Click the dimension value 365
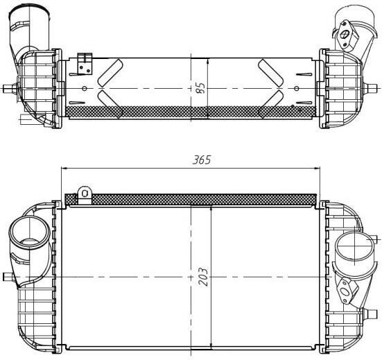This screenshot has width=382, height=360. [202, 160]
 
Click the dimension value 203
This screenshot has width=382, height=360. [203, 277]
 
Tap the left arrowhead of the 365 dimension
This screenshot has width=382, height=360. [64, 168]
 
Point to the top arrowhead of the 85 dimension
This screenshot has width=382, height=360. [207, 61]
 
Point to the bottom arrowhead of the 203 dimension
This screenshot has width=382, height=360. [211, 347]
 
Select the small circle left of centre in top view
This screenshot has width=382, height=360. [85, 88]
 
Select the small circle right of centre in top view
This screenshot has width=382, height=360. [297, 88]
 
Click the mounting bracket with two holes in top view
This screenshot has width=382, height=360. [85, 64]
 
